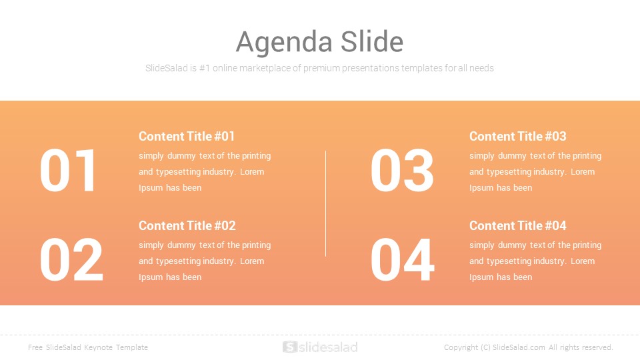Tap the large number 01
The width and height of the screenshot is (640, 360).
(x=68, y=170)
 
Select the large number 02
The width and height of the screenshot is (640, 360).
(x=71, y=259)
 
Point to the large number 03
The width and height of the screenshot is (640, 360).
(x=402, y=170)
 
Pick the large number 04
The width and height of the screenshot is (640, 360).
(x=403, y=259)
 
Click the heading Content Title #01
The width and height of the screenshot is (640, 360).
(x=187, y=136)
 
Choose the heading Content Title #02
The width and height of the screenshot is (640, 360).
(x=187, y=226)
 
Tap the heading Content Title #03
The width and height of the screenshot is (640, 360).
(x=517, y=136)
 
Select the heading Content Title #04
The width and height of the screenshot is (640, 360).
(x=517, y=226)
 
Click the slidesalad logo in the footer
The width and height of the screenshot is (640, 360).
(x=320, y=347)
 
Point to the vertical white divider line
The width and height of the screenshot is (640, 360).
(x=326, y=204)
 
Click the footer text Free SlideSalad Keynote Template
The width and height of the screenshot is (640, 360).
(x=88, y=347)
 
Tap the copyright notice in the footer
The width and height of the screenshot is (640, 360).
(x=529, y=347)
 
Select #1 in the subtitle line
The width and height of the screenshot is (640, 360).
(x=205, y=68)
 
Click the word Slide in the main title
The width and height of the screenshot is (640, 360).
(x=372, y=41)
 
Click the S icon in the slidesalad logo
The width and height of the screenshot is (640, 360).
(x=289, y=347)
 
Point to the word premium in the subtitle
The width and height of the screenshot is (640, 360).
(x=321, y=69)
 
